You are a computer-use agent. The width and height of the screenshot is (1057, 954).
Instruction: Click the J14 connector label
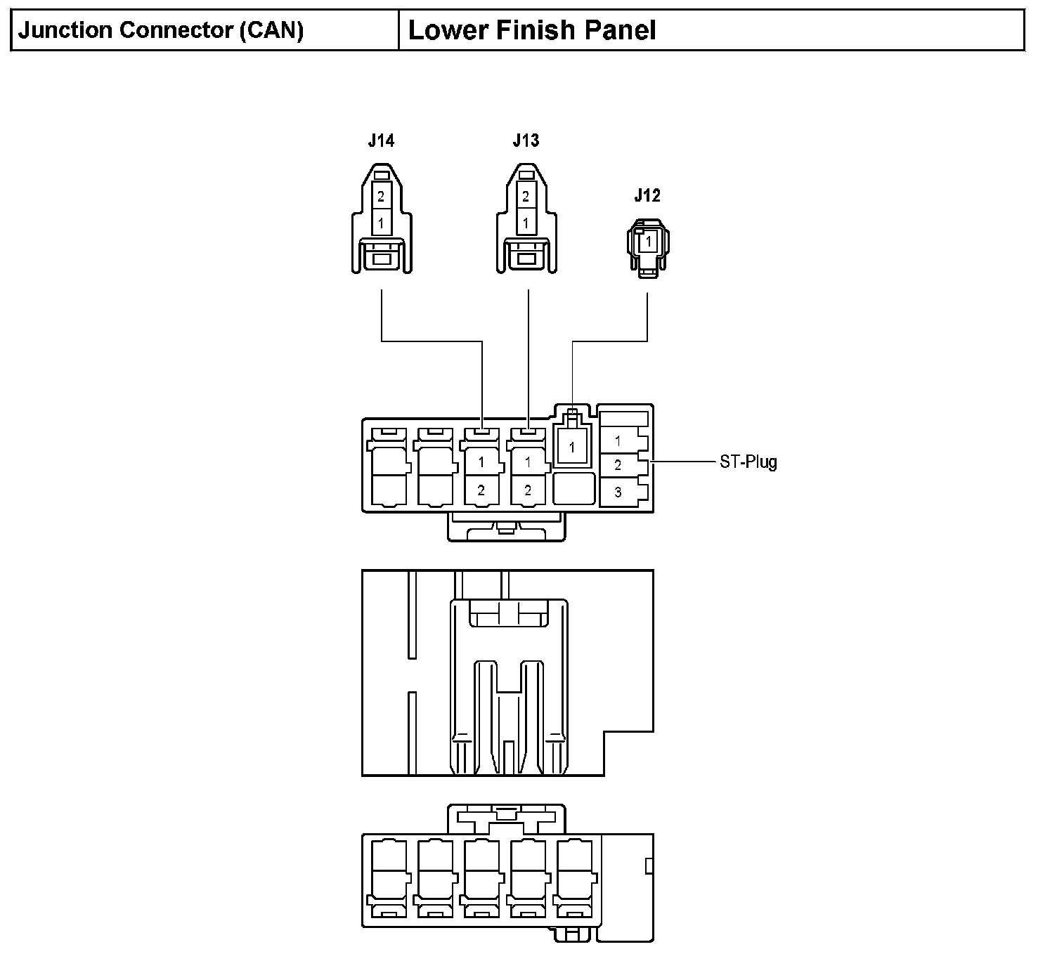click(x=381, y=141)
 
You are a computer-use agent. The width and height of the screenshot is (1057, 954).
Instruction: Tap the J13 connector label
click(x=526, y=141)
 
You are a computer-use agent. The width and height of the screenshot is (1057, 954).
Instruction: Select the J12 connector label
click(x=647, y=195)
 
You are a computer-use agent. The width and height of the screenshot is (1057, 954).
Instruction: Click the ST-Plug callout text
click(x=748, y=462)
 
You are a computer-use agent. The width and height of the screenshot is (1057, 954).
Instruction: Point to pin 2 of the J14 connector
click(x=381, y=196)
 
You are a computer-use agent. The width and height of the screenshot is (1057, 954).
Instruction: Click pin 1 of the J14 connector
click(x=381, y=223)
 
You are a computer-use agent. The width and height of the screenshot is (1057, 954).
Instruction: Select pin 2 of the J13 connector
click(x=526, y=196)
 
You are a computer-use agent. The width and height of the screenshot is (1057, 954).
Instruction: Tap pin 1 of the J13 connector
click(x=526, y=223)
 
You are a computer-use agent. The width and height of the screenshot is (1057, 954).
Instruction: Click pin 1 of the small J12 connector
click(x=648, y=242)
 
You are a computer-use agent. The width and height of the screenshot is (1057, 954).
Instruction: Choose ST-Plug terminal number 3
click(x=618, y=492)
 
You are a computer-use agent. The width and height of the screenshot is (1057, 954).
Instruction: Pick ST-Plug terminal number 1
click(x=618, y=440)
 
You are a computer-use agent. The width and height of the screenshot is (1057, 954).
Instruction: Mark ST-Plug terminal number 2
click(x=618, y=465)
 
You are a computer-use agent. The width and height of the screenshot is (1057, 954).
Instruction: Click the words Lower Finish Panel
click(x=531, y=30)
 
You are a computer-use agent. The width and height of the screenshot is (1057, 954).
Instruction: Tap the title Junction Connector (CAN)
click(x=161, y=30)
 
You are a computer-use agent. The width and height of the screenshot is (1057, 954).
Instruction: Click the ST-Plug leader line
click(x=683, y=462)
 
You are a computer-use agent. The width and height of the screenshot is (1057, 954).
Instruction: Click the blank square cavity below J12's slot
click(x=573, y=488)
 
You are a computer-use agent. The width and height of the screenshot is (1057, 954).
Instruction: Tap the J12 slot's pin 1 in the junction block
click(x=571, y=447)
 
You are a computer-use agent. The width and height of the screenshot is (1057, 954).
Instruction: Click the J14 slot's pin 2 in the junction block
click(x=481, y=490)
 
